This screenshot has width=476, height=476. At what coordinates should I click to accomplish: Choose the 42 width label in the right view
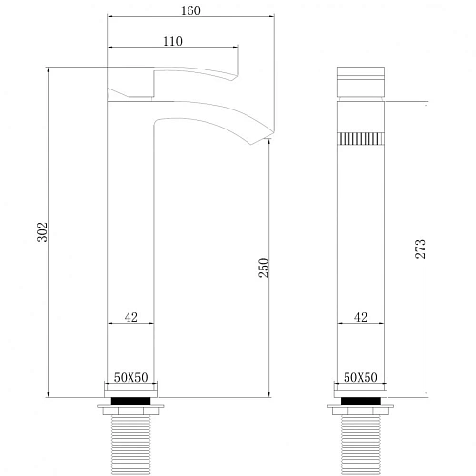point(361,319)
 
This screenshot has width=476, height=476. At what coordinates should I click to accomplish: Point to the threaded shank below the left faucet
point(131,444)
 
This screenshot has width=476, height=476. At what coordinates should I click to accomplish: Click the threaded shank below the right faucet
point(361,444)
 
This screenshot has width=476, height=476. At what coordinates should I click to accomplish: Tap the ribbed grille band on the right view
point(361,138)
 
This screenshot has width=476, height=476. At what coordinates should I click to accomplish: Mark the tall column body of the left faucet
point(131,248)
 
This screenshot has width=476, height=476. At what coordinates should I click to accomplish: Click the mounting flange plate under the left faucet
point(131,411)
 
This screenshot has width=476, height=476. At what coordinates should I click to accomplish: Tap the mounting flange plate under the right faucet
point(361,411)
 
